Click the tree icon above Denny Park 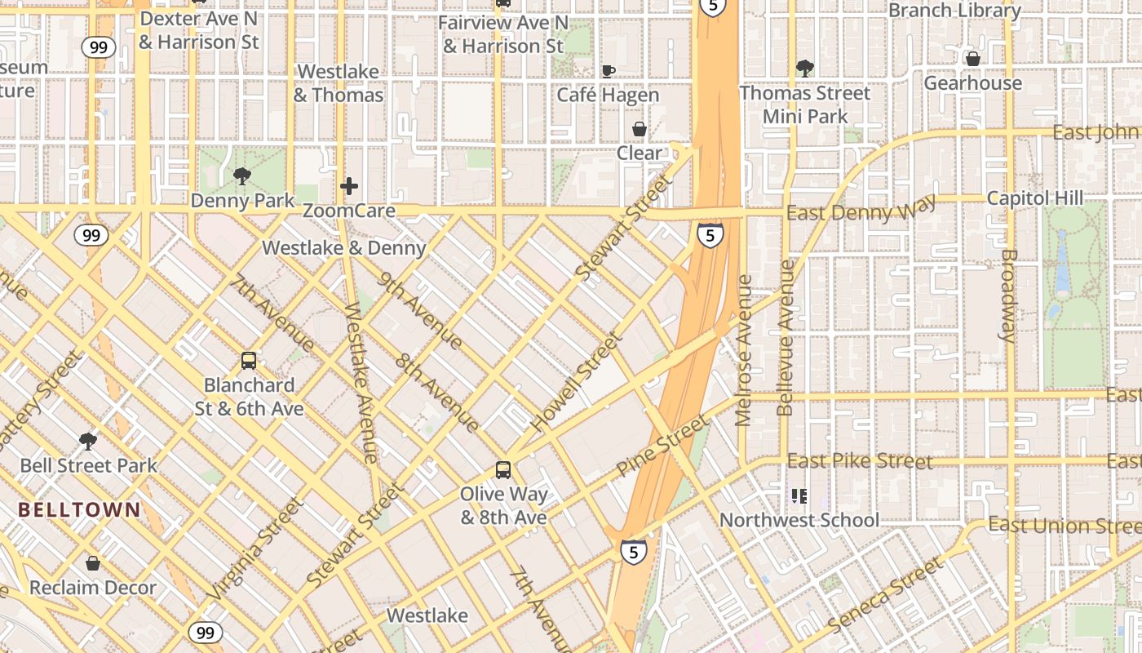click(x=241, y=175)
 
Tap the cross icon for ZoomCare click(x=349, y=186)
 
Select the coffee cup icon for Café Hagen click(x=608, y=71)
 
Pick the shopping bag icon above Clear click(x=640, y=129)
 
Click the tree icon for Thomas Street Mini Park click(x=805, y=68)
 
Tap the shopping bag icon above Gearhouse click(x=972, y=59)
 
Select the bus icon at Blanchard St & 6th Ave click(x=249, y=360)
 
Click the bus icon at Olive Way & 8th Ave click(x=503, y=469)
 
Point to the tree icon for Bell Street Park click(x=88, y=442)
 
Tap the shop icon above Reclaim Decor click(x=93, y=563)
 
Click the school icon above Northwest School click(x=799, y=495)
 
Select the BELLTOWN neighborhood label click(x=80, y=510)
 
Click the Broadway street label click(x=1009, y=295)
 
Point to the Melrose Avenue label click(x=743, y=350)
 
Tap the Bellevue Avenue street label click(x=786, y=338)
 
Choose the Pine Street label click(x=662, y=446)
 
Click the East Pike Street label click(x=860, y=461)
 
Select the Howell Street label click(x=577, y=381)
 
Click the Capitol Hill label click(x=1035, y=198)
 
